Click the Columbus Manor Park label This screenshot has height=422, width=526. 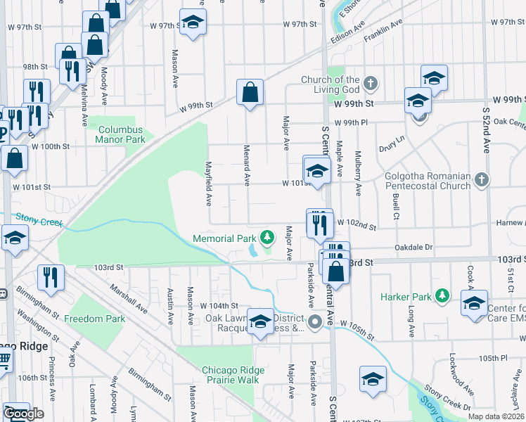tap(120, 134)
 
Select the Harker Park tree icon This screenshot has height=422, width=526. tap(442, 296)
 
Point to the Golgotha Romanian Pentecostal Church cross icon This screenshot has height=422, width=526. tap(481, 180)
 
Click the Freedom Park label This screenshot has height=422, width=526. tap(94, 319)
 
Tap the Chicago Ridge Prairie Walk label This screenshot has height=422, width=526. tap(233, 375)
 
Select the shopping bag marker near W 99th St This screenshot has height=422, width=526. tap(250, 92)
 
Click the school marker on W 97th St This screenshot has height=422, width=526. tap(192, 23)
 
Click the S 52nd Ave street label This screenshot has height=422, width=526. tap(485, 129)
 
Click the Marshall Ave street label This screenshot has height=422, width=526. tap(127, 298)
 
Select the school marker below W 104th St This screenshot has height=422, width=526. tap(260, 322)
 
